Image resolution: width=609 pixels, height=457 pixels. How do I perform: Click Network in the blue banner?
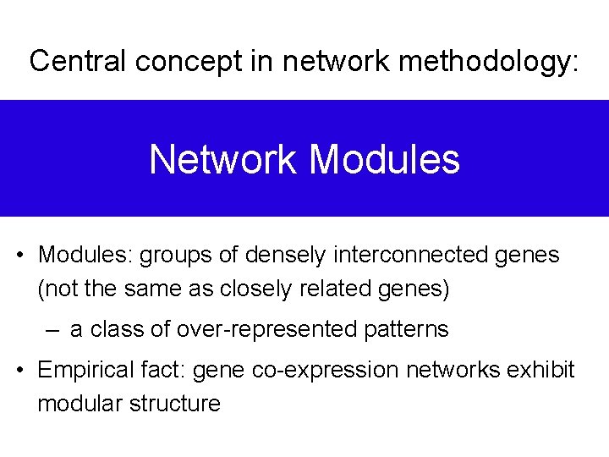tap(223, 159)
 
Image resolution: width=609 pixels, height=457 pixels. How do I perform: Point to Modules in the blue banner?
tap(385, 159)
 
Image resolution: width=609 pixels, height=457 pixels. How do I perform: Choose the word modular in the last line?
tap(80, 404)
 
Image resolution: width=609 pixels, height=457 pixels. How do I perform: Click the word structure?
tap(175, 404)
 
